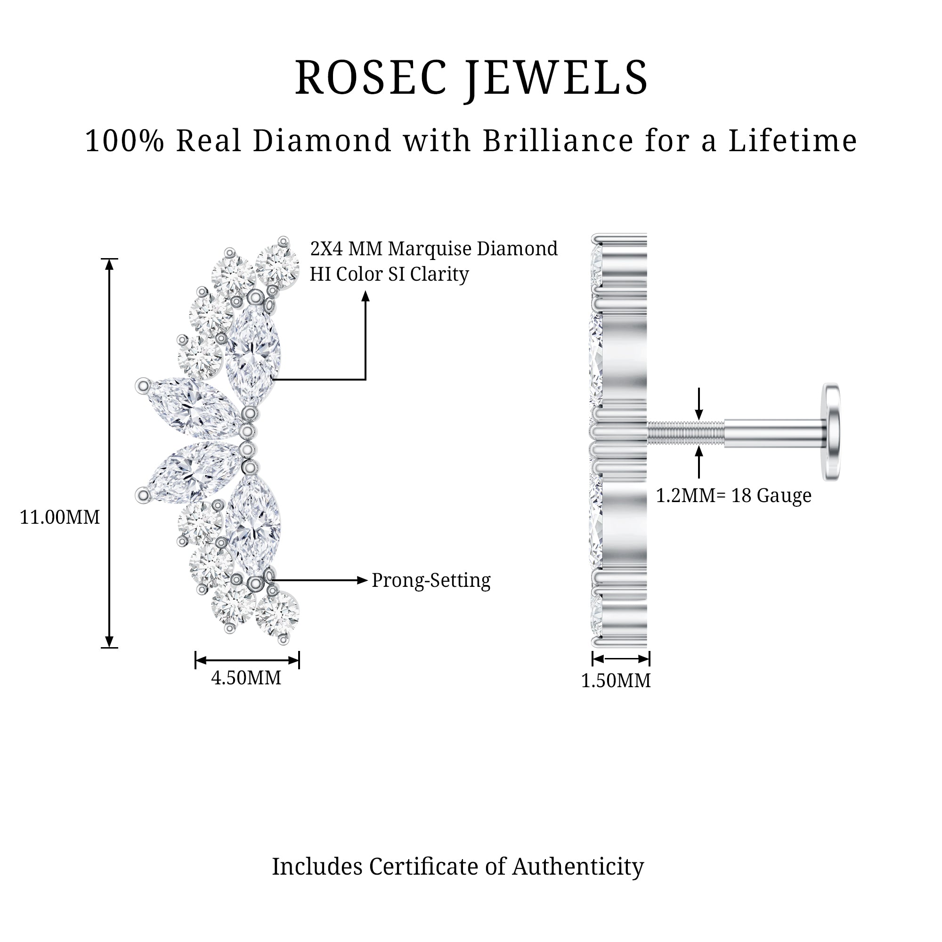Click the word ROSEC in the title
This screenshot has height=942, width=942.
(x=371, y=78)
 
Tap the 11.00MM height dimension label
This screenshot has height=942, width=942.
(x=59, y=517)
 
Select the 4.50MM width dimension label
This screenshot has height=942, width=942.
(x=246, y=678)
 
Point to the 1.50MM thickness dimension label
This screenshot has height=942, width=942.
(x=616, y=681)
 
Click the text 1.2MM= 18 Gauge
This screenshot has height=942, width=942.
(x=733, y=496)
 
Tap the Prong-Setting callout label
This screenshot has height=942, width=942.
(x=431, y=581)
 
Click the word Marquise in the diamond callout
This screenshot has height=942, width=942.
(x=430, y=249)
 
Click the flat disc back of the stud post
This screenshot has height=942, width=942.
(x=832, y=432)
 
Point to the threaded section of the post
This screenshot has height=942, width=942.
(x=685, y=432)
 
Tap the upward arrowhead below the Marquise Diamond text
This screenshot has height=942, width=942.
(x=365, y=296)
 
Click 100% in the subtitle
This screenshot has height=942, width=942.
(x=125, y=141)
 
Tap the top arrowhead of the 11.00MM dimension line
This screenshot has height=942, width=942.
(x=109, y=264)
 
